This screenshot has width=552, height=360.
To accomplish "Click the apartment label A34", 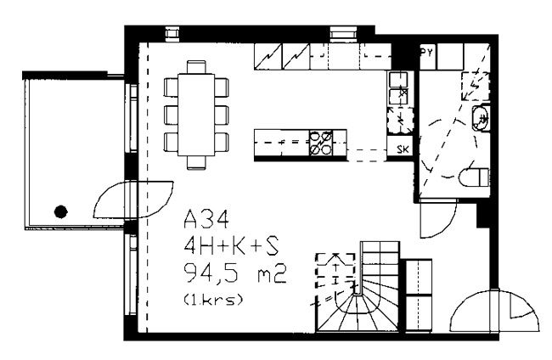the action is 206,219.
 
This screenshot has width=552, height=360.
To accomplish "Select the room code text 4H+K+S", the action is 231,245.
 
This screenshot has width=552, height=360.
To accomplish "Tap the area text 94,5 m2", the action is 234,273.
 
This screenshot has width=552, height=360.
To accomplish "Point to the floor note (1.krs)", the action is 213,300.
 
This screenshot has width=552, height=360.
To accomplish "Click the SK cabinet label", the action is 403,149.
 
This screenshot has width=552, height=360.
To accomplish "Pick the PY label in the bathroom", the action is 427,53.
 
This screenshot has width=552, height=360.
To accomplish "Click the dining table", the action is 196,115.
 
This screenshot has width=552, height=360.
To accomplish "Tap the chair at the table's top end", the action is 196,67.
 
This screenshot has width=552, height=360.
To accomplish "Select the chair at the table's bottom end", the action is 196,162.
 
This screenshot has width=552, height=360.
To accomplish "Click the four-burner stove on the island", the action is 321,143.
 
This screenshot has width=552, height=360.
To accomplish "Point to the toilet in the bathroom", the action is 474,177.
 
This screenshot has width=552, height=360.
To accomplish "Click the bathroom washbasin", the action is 481,118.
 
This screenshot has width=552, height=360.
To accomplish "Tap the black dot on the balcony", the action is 61,211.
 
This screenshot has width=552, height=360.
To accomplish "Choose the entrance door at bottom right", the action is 494,311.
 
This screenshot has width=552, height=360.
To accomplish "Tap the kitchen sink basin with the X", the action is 398,96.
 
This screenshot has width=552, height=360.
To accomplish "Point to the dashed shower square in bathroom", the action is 476,87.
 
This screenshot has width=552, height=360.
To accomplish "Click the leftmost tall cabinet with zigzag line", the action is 268,56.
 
